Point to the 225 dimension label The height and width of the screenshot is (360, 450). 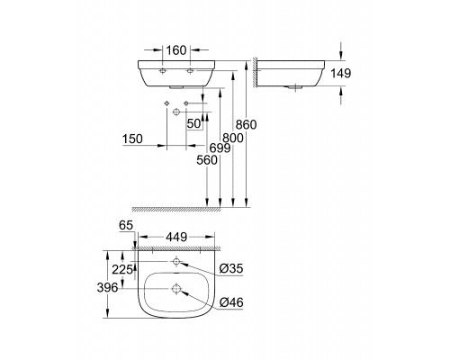click(x=122, y=269)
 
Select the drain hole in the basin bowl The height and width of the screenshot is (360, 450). click(x=176, y=289)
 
